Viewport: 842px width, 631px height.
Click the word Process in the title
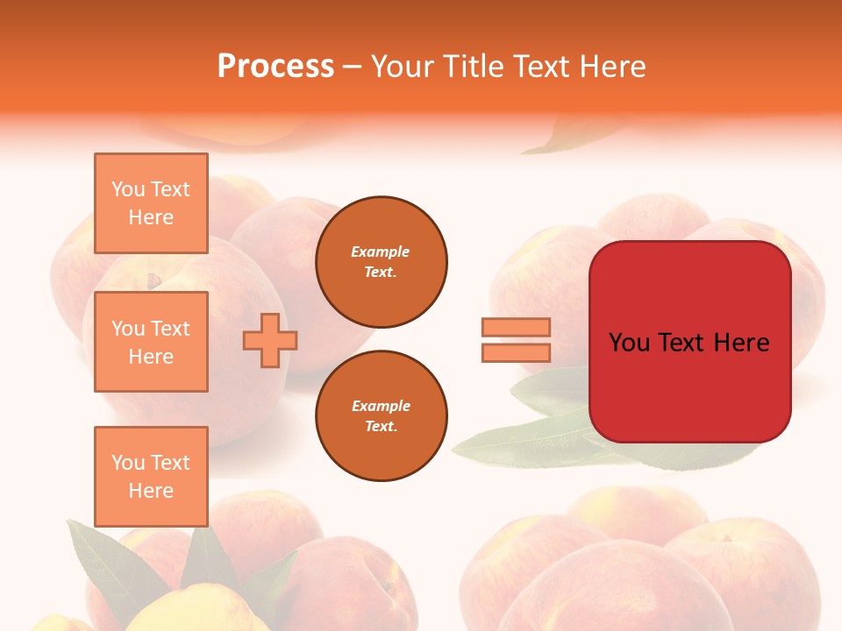[x=275, y=67]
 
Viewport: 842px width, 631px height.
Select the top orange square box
[x=151, y=203]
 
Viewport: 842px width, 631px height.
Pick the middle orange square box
[x=151, y=342]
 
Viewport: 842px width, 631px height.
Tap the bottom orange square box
[x=151, y=476]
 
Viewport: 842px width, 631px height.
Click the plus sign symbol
[x=270, y=340]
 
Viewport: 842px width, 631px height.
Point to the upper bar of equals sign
[x=516, y=327]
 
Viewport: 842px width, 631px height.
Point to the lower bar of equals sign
[x=516, y=352]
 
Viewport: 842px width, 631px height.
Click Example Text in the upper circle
[x=381, y=261]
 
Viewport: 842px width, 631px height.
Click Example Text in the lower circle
[x=381, y=415]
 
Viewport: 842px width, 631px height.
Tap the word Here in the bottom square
[x=151, y=491]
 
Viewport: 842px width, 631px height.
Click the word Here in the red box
[x=741, y=343]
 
